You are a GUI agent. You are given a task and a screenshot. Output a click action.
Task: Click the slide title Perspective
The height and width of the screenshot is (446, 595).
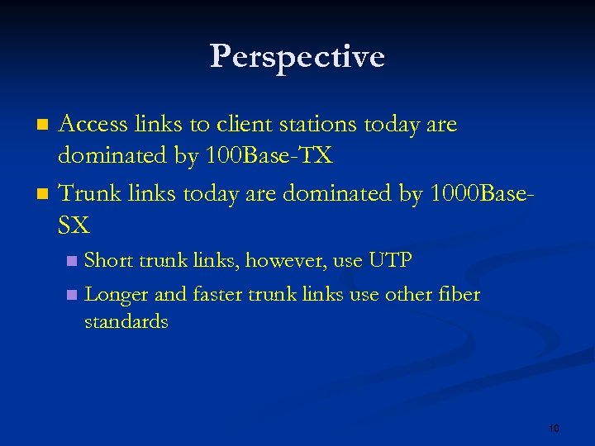point(297,57)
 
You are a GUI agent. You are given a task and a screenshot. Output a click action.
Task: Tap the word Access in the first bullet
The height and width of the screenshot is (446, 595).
point(93,125)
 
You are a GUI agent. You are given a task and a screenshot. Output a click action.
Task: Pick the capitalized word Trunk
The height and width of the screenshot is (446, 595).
point(88,193)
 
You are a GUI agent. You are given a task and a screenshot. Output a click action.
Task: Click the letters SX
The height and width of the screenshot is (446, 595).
point(74,225)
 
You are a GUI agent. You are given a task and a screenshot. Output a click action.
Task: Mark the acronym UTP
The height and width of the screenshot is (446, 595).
point(390,261)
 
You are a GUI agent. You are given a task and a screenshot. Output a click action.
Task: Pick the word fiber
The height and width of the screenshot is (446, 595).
point(459,295)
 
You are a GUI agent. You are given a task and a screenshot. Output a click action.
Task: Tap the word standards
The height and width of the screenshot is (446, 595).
point(126,322)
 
